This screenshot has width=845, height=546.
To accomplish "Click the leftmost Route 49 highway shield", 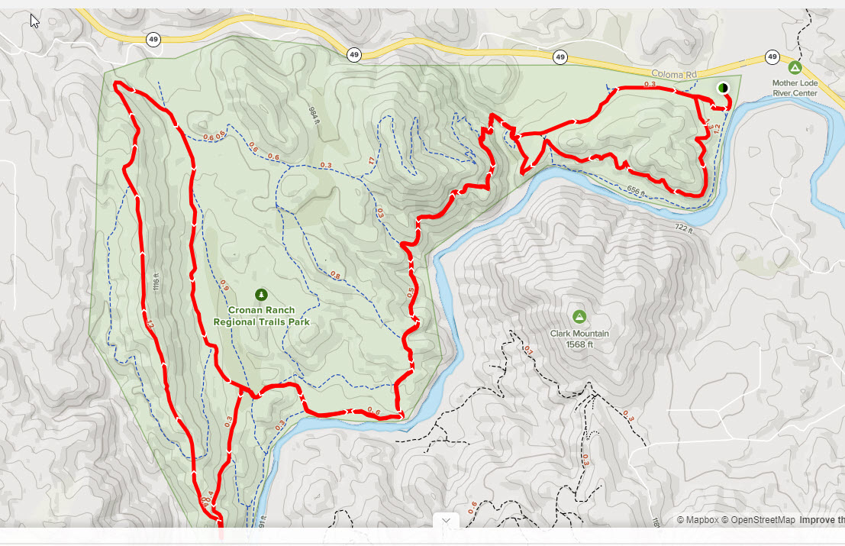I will coord(153,39).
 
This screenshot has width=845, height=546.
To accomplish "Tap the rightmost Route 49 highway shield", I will coord(772,57).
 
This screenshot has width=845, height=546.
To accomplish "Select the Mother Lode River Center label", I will coord(794,88).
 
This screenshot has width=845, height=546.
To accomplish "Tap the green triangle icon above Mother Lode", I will coord(795,68).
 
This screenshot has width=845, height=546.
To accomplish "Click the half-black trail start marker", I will coord(722,88).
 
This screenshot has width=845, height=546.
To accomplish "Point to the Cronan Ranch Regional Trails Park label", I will coord(261,317).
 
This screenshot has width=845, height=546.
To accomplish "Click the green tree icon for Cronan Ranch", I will coord(261,295).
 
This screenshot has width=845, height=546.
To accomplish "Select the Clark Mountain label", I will coord(579,334).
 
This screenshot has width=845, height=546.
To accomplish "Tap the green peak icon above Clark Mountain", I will coord(579,316).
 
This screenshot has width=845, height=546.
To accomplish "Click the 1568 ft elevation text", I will coord(579,344).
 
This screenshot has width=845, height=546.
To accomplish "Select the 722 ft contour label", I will coord(683,228).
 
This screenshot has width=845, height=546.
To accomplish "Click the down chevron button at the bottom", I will coord(446,521).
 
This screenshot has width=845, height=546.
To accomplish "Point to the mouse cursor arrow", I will coord(34,21).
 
